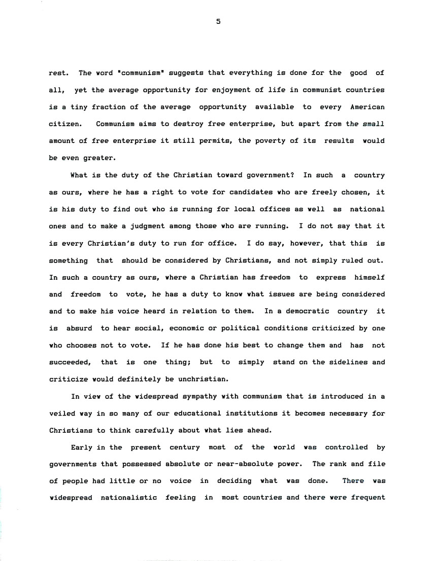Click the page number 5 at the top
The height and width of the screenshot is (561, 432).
tap(217, 21)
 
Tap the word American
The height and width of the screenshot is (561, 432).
tap(368, 107)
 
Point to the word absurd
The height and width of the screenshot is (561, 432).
tap(78, 328)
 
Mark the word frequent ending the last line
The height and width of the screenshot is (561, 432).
tap(368, 499)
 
